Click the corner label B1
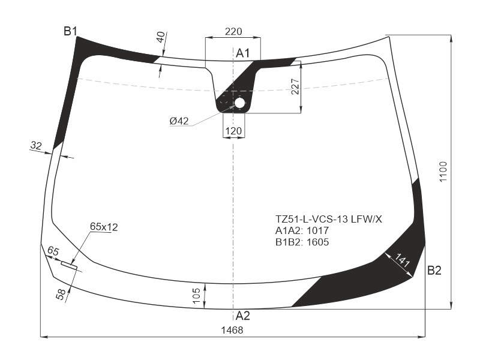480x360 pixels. click(x=70, y=31)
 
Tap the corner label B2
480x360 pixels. click(x=434, y=271)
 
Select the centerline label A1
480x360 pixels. click(x=243, y=53)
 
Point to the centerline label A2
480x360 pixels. click(x=243, y=316)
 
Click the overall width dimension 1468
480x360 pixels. click(x=232, y=330)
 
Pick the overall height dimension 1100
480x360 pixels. click(x=443, y=172)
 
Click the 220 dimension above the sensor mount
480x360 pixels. click(x=233, y=31)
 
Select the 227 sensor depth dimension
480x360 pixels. click(x=295, y=86)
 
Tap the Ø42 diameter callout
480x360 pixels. click(x=179, y=121)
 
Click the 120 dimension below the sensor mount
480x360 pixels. click(x=233, y=131)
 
